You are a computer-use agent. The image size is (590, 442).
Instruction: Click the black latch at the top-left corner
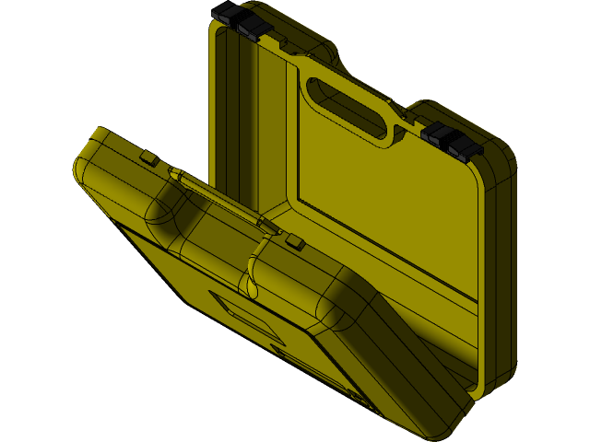[242, 21]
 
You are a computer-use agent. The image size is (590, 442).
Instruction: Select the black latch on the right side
[452, 141]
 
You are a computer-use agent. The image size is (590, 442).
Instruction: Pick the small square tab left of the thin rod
[148, 158]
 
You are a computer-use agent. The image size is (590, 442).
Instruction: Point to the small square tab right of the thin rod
[294, 242]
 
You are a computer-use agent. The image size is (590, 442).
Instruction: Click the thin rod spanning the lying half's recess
[221, 199]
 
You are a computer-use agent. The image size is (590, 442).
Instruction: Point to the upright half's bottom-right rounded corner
[493, 378]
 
